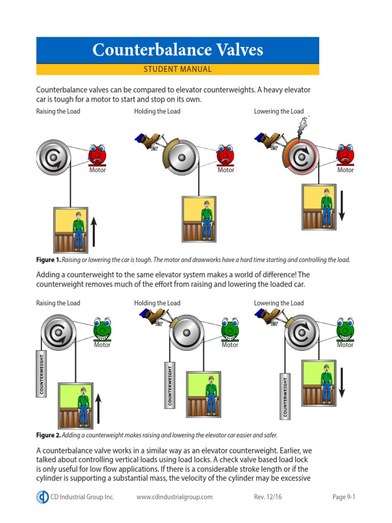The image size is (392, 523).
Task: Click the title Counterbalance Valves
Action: [x=178, y=50]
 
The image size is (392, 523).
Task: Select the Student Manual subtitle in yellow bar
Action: [x=178, y=69]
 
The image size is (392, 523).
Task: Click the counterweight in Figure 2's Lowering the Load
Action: [x=285, y=396]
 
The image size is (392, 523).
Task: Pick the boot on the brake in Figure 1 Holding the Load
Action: [x=150, y=140]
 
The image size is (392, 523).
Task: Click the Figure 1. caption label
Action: [x=48, y=259]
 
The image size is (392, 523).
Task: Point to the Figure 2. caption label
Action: [x=48, y=435]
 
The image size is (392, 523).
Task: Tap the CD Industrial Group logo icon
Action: [x=42, y=497]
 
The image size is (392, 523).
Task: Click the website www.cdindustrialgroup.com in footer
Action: [x=175, y=497]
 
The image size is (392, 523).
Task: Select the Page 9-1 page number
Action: [x=342, y=497]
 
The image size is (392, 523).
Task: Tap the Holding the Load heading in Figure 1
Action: [x=157, y=111]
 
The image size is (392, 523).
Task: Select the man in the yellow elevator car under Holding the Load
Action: [x=206, y=220]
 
